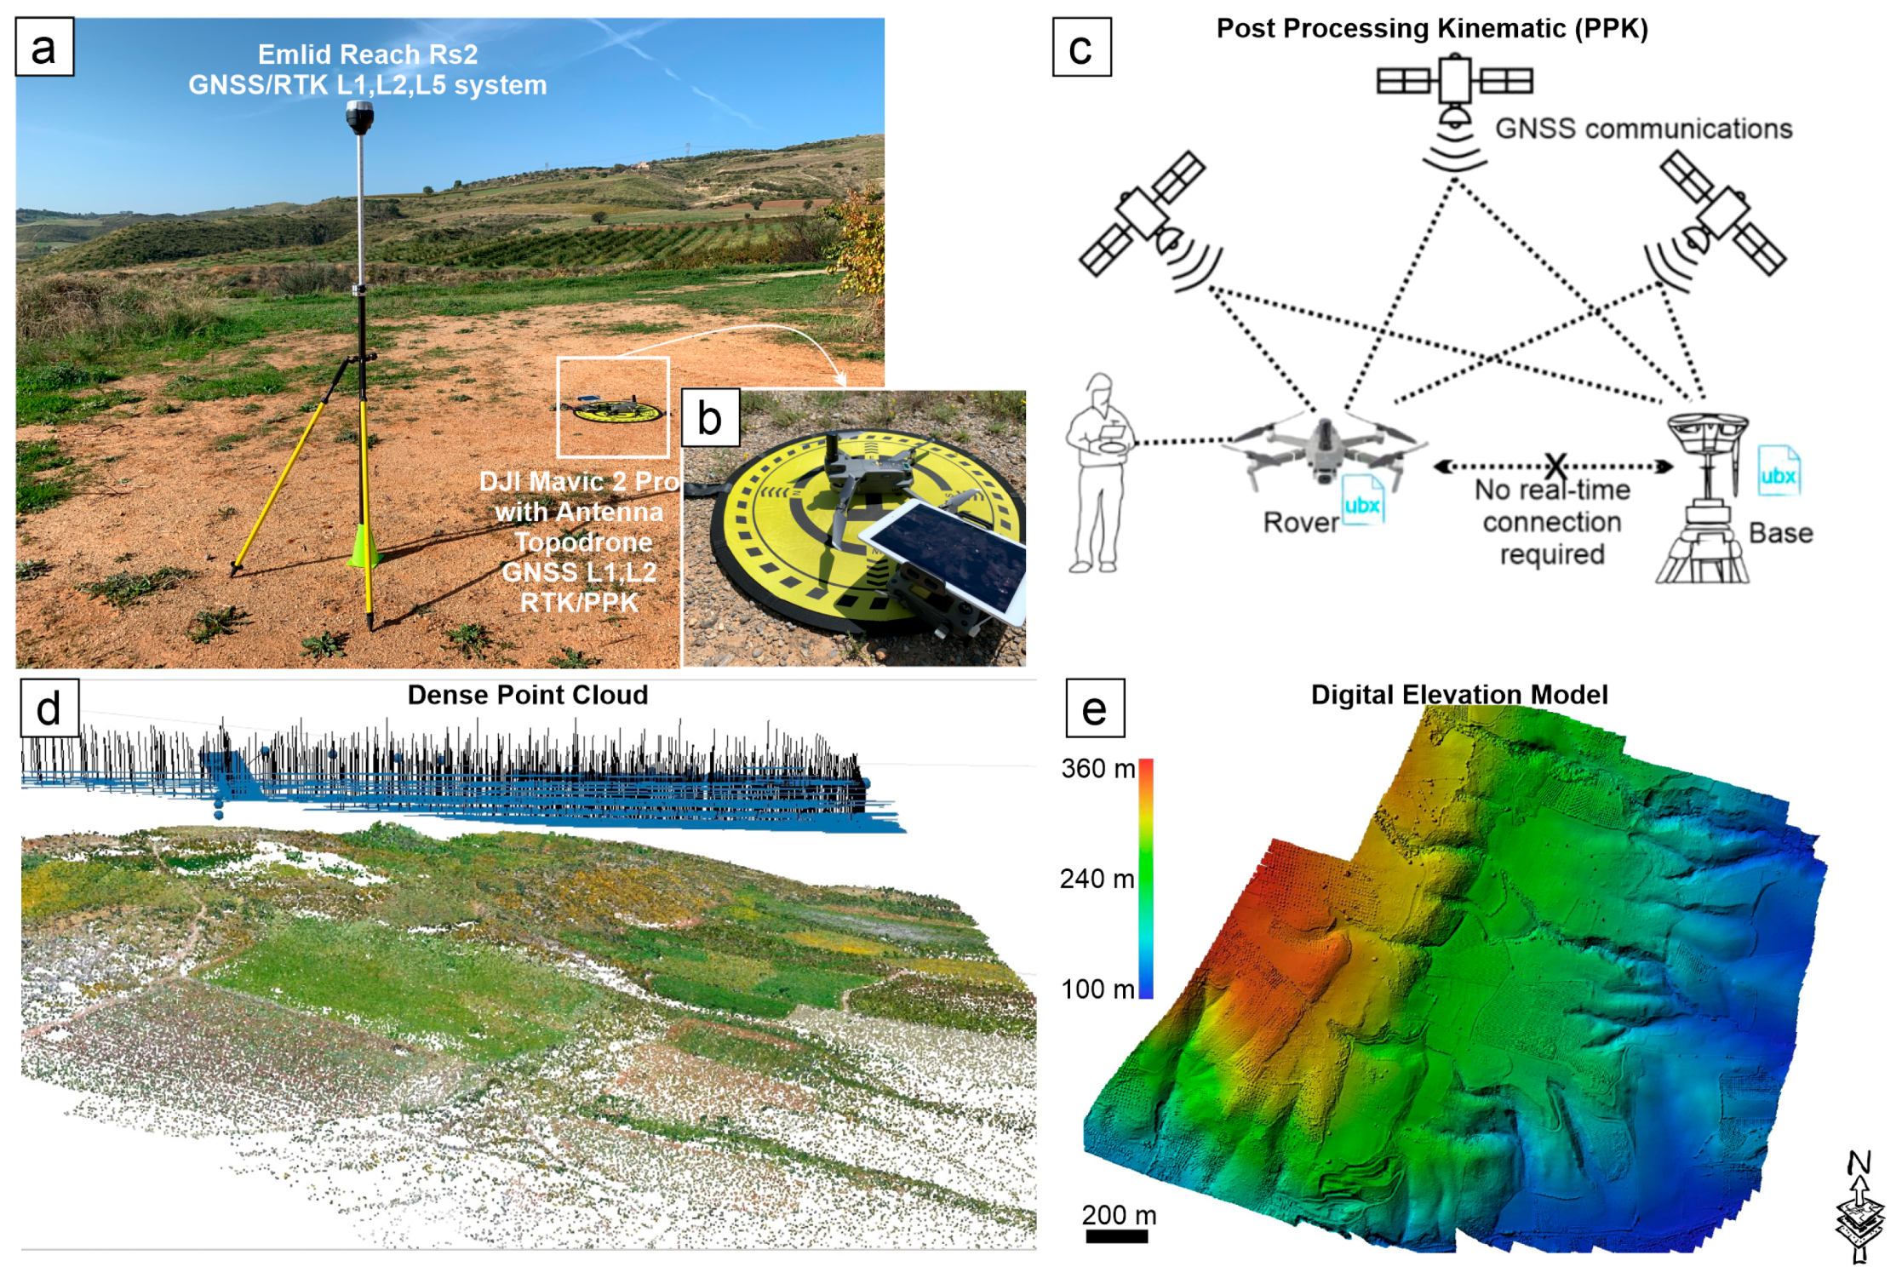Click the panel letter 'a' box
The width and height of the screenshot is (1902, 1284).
click(44, 48)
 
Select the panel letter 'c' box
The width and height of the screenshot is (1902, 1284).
click(1081, 48)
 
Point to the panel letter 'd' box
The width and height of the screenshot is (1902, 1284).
click(49, 708)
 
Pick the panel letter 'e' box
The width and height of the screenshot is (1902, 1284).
click(1095, 708)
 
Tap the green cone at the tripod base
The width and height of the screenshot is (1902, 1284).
click(364, 547)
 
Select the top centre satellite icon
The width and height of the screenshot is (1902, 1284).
click(1454, 85)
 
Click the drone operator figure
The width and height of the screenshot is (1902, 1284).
click(1099, 473)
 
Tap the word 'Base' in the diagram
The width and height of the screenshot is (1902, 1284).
click(1780, 533)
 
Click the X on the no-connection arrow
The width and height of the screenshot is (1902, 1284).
click(1555, 466)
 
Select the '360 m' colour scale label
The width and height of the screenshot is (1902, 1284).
click(1097, 768)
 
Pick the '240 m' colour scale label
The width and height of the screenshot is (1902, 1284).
click(1097, 878)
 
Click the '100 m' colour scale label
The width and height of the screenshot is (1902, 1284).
click(1097, 989)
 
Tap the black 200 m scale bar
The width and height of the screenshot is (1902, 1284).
click(1117, 1236)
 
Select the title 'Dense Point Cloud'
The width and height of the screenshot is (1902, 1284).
click(528, 695)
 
